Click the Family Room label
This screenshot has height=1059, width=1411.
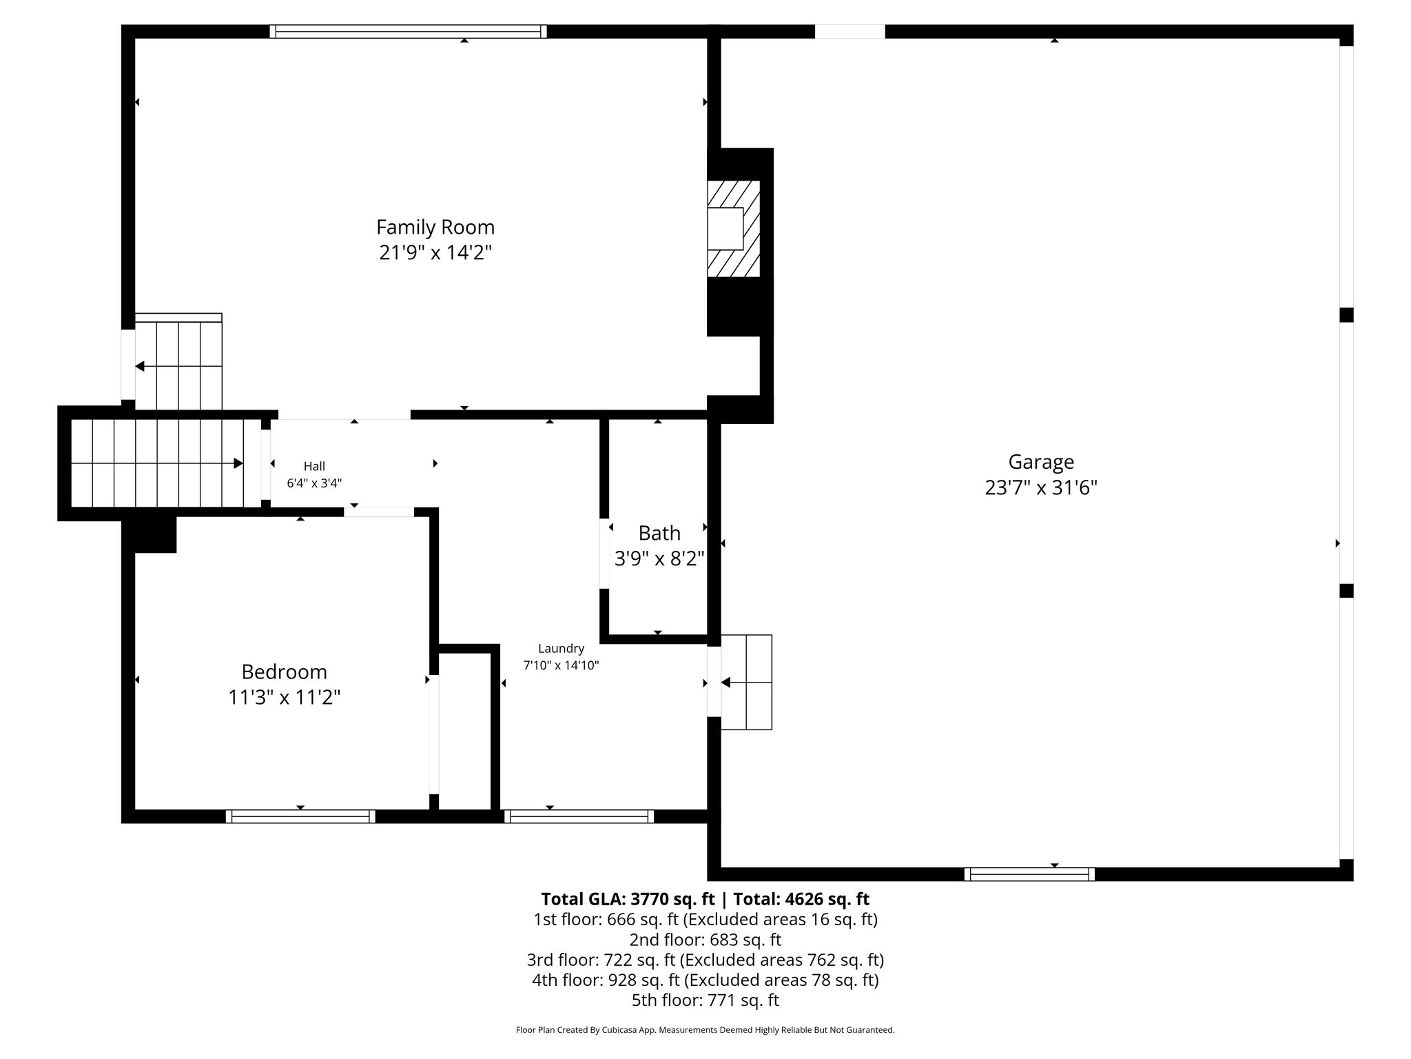pos(435,227)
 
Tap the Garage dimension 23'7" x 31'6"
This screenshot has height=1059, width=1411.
pos(1040,488)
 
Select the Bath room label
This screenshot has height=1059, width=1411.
pos(659,533)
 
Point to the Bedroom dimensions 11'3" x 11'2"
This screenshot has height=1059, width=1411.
pos(284,698)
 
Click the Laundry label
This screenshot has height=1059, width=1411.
pos(561,648)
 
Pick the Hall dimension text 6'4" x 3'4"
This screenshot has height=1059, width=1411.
pos(314,483)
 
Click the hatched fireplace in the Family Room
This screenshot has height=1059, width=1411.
pos(734,229)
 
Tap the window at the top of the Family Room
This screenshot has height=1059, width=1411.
pos(408,32)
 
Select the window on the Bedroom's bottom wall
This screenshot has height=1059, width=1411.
pos(300,816)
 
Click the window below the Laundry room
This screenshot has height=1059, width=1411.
pos(579,816)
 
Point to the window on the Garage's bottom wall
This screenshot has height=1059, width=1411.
pos(1029,874)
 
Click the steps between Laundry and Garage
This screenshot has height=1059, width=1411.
pos(746,682)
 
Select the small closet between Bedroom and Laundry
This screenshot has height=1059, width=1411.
pos(464,731)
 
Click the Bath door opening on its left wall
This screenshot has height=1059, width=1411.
pos(604,554)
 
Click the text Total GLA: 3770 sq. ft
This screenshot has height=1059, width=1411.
pos(629,899)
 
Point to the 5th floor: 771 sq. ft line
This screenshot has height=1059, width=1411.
pos(705,1000)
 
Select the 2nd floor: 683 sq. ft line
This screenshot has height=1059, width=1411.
pos(705,940)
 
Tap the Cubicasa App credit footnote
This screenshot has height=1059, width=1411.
pos(705,1030)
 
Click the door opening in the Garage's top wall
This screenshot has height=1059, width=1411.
pos(849,32)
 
